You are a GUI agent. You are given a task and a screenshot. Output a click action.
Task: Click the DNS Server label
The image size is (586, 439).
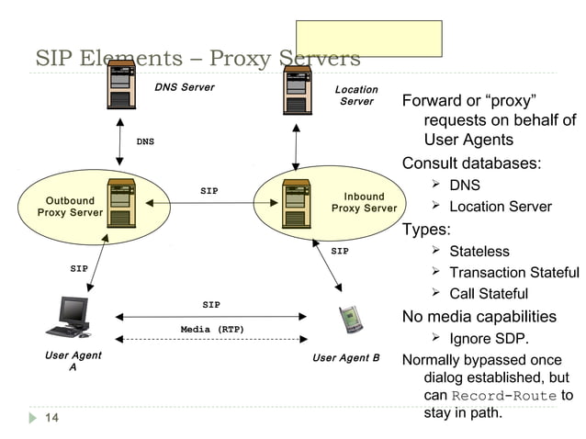[x=185, y=87]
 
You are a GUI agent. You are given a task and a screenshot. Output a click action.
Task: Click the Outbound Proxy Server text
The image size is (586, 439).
[x=70, y=207]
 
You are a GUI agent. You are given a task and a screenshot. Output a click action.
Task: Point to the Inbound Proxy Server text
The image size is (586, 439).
[x=364, y=202]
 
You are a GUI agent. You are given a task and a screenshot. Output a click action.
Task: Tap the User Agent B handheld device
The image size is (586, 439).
[x=347, y=320]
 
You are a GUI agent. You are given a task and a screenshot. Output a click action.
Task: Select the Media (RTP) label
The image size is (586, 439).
[x=212, y=329]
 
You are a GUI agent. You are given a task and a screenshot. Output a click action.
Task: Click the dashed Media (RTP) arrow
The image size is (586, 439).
[x=211, y=340]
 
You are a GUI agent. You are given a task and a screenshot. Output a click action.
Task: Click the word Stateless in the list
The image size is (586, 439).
[x=479, y=251]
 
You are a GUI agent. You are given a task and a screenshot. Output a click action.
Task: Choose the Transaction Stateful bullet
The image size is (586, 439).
[x=513, y=272]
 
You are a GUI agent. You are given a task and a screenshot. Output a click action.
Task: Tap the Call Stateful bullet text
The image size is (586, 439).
[x=488, y=294]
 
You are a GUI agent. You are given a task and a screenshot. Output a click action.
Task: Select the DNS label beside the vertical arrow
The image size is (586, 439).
[x=145, y=142]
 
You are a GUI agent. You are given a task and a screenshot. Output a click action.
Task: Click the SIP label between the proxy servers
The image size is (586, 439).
[x=209, y=191]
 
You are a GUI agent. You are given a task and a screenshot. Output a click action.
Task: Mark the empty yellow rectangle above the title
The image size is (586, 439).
[x=368, y=39]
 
